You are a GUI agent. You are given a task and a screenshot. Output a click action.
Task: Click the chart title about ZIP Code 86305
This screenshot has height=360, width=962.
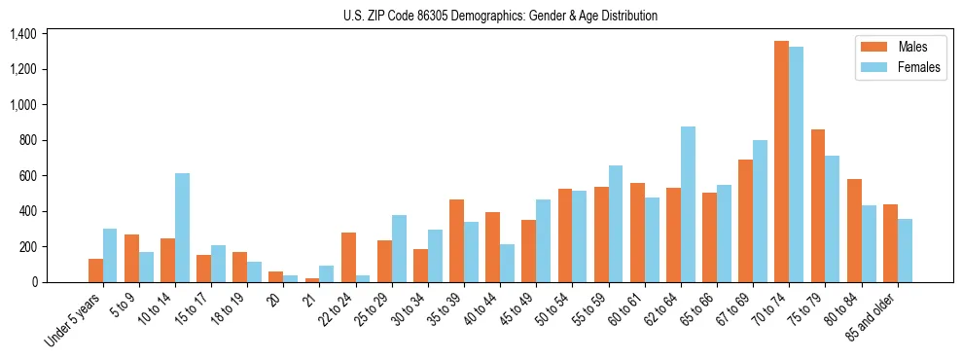click(x=500, y=16)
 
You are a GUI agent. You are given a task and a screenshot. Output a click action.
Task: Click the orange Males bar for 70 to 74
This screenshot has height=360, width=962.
click(x=781, y=162)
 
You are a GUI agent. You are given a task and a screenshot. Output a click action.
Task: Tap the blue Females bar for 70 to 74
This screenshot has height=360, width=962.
click(x=796, y=163)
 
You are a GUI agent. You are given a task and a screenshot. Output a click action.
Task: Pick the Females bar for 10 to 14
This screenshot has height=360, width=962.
click(x=182, y=228)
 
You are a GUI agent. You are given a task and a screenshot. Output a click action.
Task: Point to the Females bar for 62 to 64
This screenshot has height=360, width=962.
click(x=688, y=204)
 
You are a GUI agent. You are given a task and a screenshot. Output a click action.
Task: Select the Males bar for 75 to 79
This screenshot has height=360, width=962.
click(x=817, y=205)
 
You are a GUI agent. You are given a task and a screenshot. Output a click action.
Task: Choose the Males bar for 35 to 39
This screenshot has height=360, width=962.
click(x=456, y=240)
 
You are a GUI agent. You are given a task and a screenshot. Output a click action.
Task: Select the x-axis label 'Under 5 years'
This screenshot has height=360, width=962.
click(x=74, y=319)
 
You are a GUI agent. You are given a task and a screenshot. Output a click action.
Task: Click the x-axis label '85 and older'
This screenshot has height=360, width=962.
click(x=872, y=317)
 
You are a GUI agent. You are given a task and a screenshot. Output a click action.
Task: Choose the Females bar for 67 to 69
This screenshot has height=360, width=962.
click(x=760, y=211)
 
